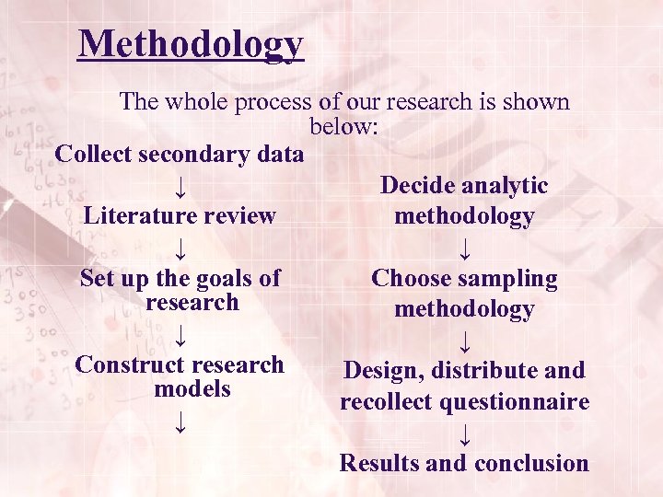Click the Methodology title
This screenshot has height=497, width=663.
tap(191, 43)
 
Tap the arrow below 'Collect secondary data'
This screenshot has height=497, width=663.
tap(180, 188)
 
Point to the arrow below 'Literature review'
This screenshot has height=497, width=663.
tap(180, 248)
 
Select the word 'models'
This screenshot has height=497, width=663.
tap(192, 389)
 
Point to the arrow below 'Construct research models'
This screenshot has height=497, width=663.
tap(180, 423)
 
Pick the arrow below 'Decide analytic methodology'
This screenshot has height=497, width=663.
tap(464, 248)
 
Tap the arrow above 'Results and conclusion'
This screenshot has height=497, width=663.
tap(464, 433)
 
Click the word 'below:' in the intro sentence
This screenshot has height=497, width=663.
tap(343, 127)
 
